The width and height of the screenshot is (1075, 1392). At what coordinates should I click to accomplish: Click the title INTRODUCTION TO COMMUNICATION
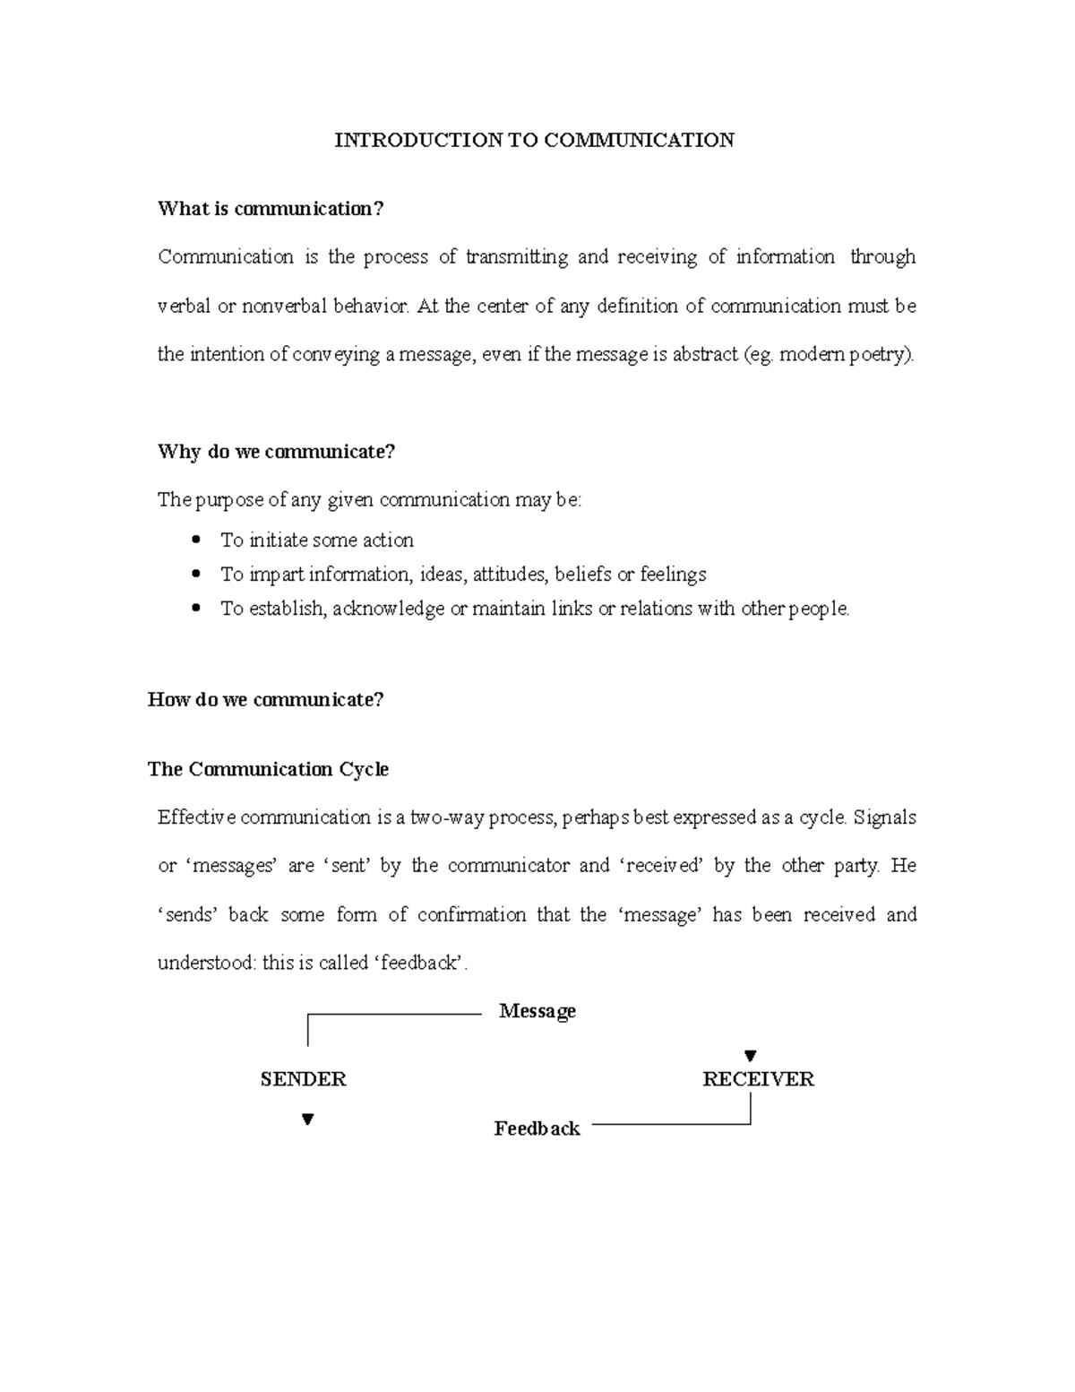coord(534,140)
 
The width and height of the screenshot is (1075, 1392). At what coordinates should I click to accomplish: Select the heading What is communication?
coord(271,209)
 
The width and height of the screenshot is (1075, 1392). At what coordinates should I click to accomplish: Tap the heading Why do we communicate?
coord(276,452)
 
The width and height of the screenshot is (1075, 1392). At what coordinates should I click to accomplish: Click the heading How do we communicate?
coord(265,700)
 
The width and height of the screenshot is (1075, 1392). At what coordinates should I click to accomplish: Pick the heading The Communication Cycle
coord(268,769)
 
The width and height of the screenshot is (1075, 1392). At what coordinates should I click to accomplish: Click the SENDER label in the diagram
coord(303,1079)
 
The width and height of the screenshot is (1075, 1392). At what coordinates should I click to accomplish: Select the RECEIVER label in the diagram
coord(758,1079)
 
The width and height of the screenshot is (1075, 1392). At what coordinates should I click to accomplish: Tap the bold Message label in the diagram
coord(537,1011)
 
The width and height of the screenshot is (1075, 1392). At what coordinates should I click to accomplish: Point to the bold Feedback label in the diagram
coord(537,1128)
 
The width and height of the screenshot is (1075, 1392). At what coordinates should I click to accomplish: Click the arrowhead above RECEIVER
coord(751,1056)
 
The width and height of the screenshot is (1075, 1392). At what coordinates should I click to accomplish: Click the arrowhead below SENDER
coord(307,1119)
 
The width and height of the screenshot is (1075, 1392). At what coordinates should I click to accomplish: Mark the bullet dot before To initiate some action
coord(196,540)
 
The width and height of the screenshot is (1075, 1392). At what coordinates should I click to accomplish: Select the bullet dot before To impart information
coord(196,575)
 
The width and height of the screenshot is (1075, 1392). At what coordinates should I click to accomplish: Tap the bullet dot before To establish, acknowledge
coord(196,609)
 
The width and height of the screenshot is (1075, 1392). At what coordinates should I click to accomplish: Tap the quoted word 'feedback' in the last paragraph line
coord(421,964)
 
